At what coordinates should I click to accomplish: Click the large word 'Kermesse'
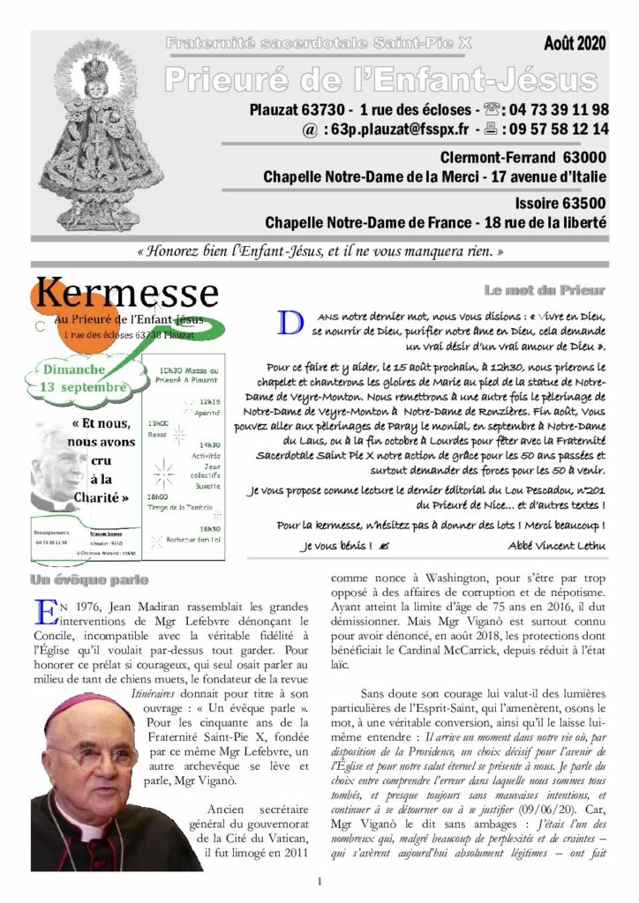pos(127,293)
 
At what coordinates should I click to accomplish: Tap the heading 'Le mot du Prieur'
pos(545,290)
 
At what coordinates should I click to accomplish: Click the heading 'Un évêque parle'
pos(88,579)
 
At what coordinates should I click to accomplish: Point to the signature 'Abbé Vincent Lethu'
pos(557,546)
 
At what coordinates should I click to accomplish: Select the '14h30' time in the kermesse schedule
pos(210,445)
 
